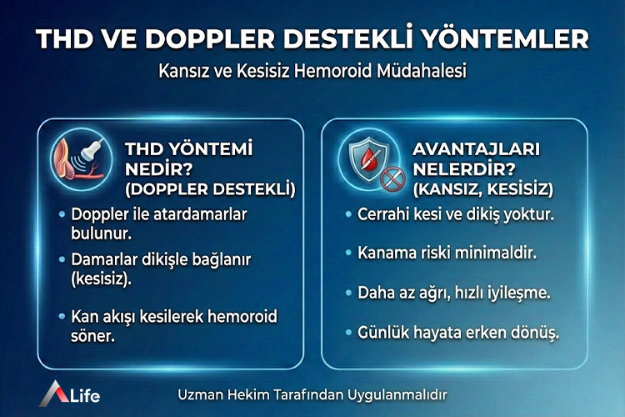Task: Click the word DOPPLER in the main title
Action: click(x=237, y=39)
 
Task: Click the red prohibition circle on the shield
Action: click(x=388, y=177)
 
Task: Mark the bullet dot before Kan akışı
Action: click(x=62, y=316)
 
